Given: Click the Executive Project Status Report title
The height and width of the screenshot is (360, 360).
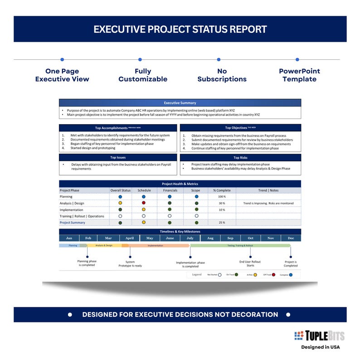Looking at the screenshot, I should pyautogui.click(x=180, y=29).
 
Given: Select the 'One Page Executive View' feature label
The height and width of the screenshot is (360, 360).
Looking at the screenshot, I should pyautogui.click(x=62, y=75).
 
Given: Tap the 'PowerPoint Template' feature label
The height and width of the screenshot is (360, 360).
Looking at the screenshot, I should pyautogui.click(x=299, y=75).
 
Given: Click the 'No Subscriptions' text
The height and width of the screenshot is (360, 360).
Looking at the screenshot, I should pyautogui.click(x=222, y=75).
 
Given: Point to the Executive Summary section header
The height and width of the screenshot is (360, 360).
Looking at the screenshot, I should pyautogui.click(x=180, y=103).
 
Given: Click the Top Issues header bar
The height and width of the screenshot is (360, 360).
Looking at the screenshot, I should pyautogui.click(x=118, y=158).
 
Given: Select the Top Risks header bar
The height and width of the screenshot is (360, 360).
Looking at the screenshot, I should pyautogui.click(x=240, y=158).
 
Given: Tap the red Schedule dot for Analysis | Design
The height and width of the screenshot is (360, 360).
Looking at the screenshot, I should pyautogui.click(x=144, y=203).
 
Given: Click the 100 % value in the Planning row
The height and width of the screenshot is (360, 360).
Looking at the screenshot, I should pyautogui.click(x=222, y=197).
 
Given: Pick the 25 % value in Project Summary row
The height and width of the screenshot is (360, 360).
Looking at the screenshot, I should pyautogui.click(x=222, y=223).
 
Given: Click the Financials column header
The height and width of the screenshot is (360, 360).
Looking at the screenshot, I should pyautogui.click(x=170, y=190).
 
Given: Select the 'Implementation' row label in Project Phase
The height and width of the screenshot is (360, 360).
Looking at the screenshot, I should pyautogui.click(x=72, y=210).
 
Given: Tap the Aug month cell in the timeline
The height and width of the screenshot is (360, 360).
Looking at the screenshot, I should pyautogui.click(x=210, y=238).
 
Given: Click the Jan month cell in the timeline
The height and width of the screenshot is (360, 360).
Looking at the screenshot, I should pyautogui.click(x=69, y=238).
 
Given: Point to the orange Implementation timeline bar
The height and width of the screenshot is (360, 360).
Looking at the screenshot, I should pyautogui.click(x=156, y=245).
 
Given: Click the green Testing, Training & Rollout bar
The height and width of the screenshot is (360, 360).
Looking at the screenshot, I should pyautogui.click(x=240, y=245).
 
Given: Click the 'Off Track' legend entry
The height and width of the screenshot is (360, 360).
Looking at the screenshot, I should pyautogui.click(x=270, y=275).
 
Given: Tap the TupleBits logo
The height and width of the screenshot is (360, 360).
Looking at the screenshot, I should pyautogui.click(x=319, y=336).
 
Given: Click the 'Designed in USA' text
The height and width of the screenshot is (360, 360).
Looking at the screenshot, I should pyautogui.click(x=321, y=347).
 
